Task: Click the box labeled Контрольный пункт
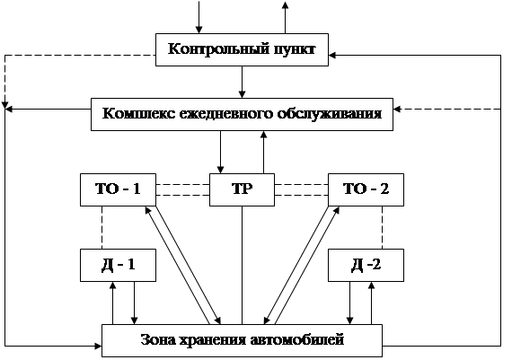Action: point(242,49)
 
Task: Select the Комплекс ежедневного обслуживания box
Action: point(242,114)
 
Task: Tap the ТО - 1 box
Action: point(118,189)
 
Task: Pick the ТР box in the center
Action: point(242,189)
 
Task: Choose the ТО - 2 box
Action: point(366,189)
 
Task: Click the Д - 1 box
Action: point(118,265)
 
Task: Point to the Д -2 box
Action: point(366,265)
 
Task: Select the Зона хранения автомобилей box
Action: point(242,340)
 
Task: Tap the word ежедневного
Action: point(226,114)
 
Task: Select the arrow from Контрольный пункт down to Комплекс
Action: point(242,82)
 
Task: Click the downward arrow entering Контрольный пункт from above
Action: point(199,17)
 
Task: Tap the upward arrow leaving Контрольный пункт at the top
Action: point(285,17)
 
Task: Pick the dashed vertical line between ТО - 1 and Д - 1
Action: point(102,227)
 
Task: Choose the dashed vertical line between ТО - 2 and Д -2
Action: point(382,227)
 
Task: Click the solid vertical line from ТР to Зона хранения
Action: point(242,265)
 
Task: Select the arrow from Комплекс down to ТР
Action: point(220,152)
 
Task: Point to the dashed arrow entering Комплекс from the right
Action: point(447,109)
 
